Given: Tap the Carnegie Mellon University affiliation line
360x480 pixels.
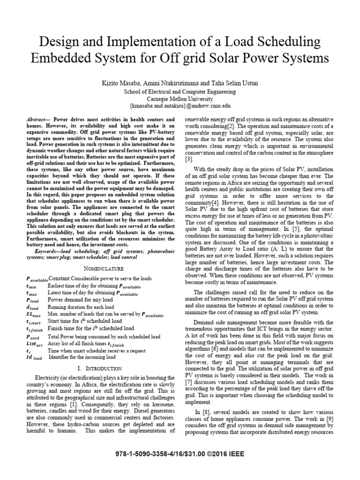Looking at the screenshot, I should click(180, 99).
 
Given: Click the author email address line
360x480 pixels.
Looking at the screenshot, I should click(180, 107).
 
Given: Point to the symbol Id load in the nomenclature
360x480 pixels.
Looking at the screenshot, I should click(34, 359).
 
